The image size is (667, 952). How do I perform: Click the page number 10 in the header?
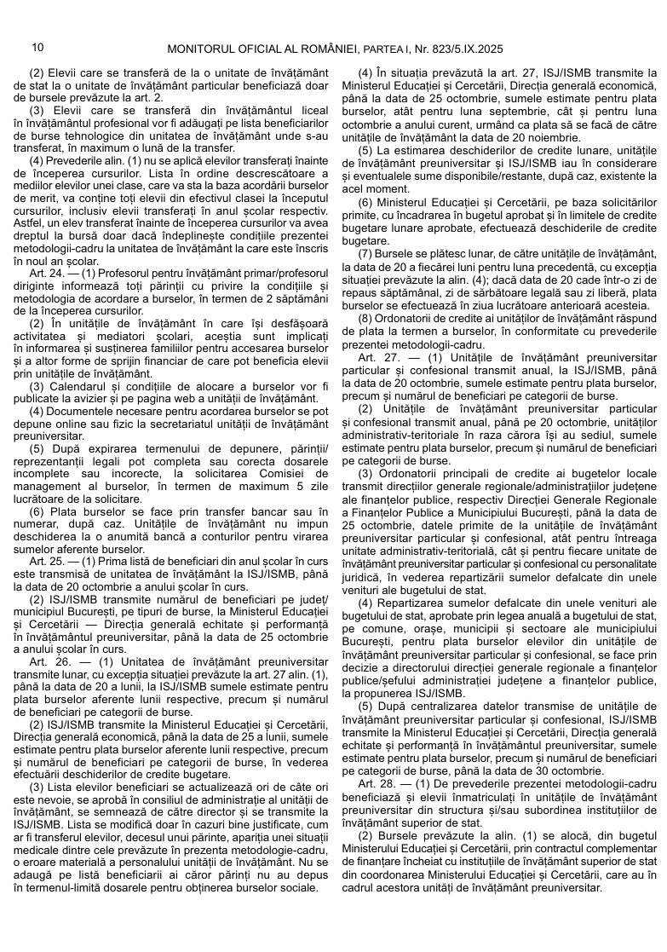click(37, 48)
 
